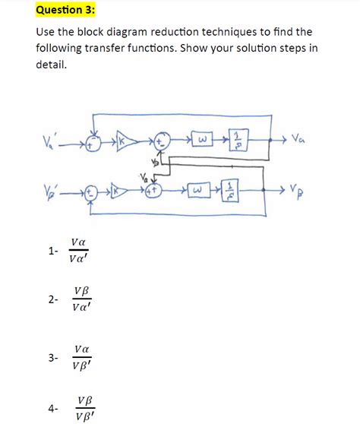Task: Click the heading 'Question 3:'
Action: [x=68, y=10]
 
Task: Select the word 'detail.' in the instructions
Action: [x=51, y=65]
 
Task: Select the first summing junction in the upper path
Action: [x=93, y=142]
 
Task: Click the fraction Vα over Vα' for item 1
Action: [x=77, y=250]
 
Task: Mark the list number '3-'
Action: [x=52, y=356]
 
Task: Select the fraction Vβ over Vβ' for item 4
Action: [x=84, y=407]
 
